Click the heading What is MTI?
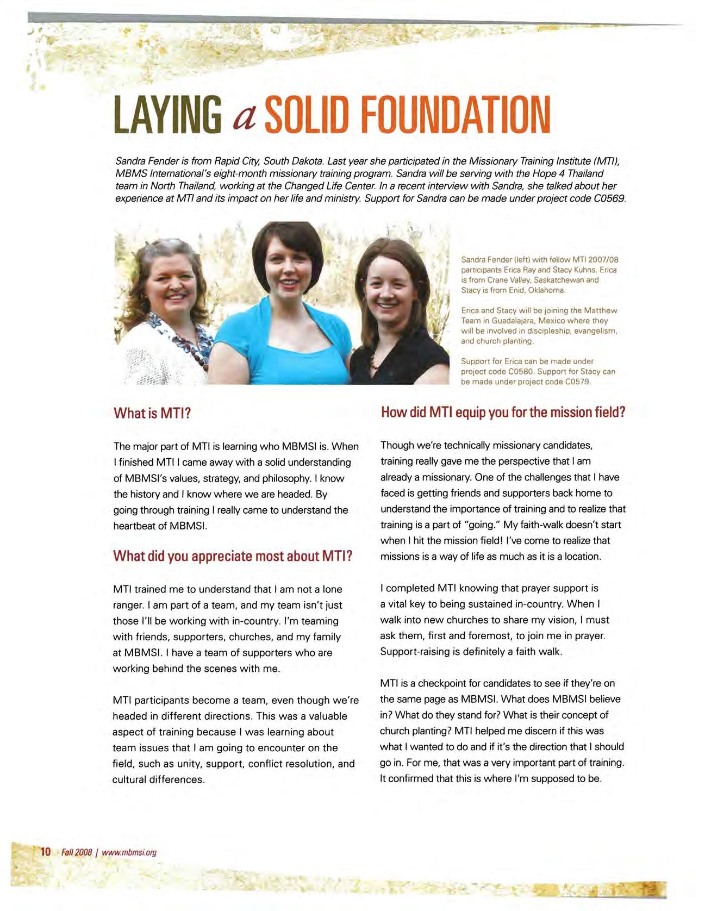[x=152, y=413]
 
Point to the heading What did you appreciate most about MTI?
[x=233, y=556]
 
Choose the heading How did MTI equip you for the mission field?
[x=503, y=412]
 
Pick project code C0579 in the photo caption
[x=577, y=382]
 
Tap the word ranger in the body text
[x=127, y=605]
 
